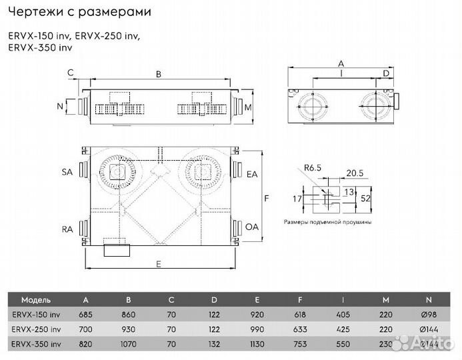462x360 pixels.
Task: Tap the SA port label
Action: coord(67,172)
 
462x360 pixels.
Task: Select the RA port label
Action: coord(67,229)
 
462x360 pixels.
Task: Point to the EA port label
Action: coord(252,174)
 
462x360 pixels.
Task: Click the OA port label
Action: coord(252,227)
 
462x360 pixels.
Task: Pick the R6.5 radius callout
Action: coord(313,169)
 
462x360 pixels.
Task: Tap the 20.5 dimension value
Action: coord(355,173)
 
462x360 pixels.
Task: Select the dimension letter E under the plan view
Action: coord(158,265)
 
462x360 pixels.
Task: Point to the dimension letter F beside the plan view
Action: coord(266,199)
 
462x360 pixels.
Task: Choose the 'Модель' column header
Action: coord(35,299)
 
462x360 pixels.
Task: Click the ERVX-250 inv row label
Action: coord(37,329)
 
